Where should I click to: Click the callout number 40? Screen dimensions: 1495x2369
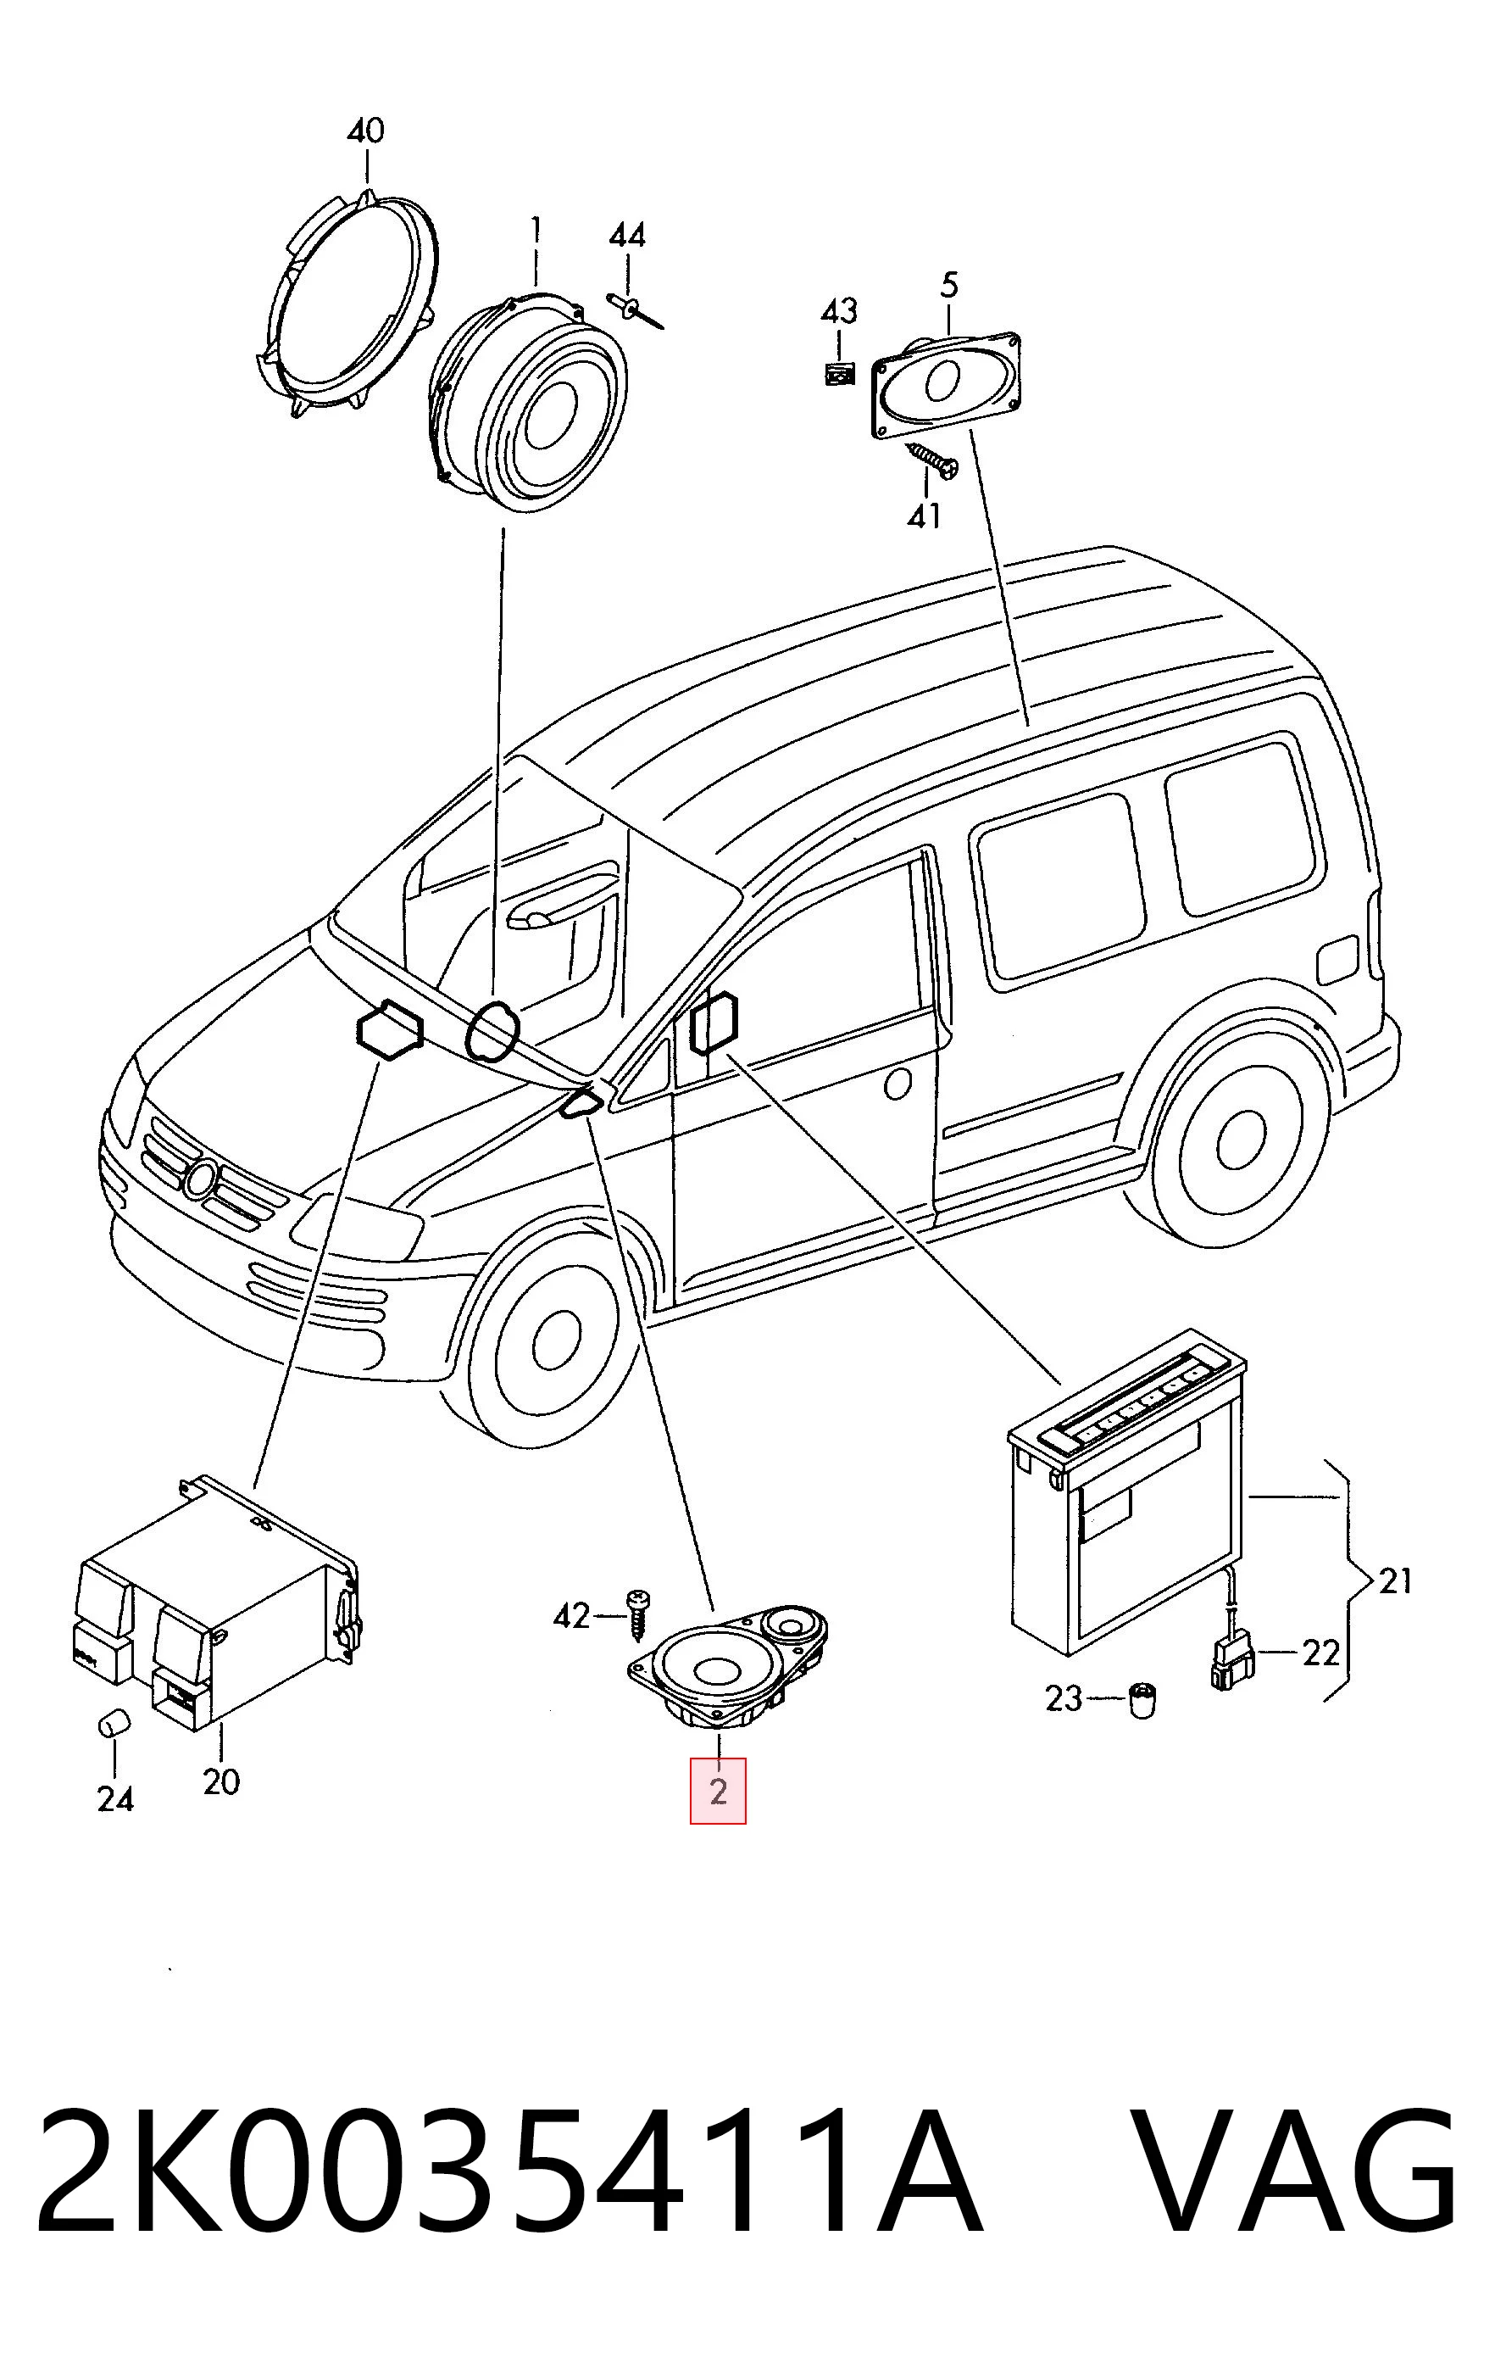[x=365, y=131]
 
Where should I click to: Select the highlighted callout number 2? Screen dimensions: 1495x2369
[x=718, y=1791]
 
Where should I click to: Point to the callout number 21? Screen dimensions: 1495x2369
[x=1395, y=1581]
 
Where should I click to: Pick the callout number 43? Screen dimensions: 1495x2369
[x=839, y=312]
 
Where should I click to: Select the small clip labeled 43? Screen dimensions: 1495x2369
[x=839, y=375]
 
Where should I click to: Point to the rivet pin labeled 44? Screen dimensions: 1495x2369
[x=636, y=309]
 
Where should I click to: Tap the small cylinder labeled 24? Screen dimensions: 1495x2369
[x=114, y=1724]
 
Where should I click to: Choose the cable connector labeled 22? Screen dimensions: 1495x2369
[x=1231, y=1658]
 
